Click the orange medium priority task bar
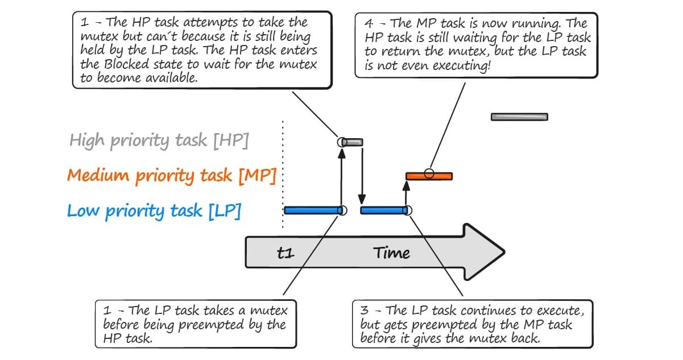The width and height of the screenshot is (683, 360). [429, 176]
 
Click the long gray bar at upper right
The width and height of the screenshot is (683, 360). [519, 117]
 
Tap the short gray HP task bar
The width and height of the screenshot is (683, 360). [352, 142]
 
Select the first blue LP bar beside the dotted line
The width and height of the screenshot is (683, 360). [313, 210]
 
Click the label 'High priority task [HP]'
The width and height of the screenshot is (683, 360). [159, 140]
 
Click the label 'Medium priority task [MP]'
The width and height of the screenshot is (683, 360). [172, 176]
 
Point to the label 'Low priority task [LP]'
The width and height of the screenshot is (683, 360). [154, 210]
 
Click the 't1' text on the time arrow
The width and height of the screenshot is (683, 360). [285, 253]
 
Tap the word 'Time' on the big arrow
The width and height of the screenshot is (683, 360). [391, 253]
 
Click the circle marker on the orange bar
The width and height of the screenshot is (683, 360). [429, 173]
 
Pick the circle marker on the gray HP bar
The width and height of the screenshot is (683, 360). [342, 142]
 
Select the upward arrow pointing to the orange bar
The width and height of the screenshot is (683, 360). [406, 193]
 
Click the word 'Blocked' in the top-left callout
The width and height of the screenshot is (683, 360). [127, 64]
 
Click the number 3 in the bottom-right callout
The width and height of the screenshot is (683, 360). [365, 311]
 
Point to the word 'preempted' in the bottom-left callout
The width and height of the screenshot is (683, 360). [210, 325]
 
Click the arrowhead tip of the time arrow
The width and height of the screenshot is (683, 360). [504, 253]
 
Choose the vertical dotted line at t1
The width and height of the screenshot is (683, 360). [283, 175]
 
